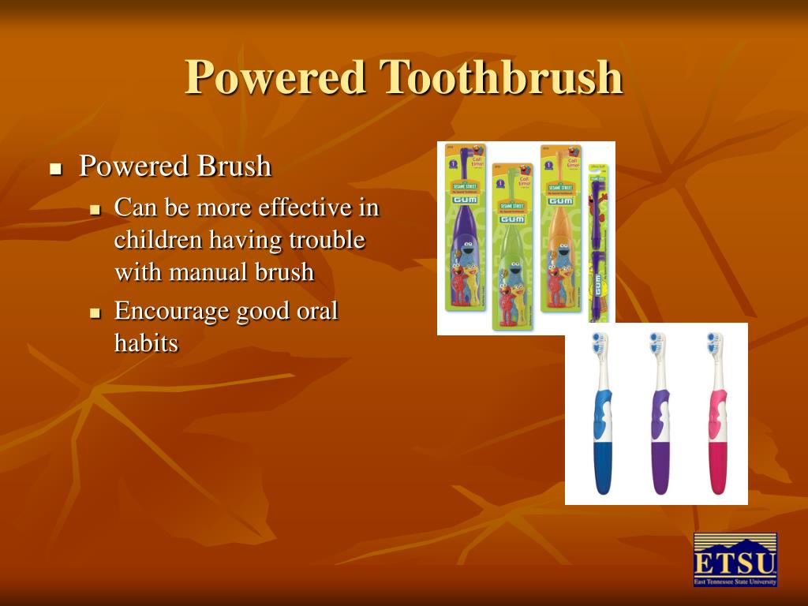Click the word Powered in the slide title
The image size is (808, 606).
pos(275,77)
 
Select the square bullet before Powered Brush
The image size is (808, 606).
pos(55,169)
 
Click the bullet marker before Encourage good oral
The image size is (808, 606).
pos(95,313)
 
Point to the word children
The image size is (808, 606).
pos(158,240)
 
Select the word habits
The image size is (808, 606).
pos(146,343)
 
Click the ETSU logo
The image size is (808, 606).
pos(735,559)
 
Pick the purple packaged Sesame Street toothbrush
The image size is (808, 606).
pos(466,229)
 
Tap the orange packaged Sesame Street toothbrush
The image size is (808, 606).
pos(561,229)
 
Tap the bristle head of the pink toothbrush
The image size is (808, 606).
pos(715,344)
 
